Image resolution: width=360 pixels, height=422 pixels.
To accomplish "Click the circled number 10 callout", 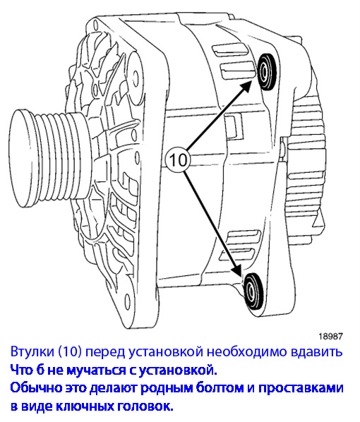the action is click(177, 160).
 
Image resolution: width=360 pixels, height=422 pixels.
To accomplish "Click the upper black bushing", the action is click(266, 71).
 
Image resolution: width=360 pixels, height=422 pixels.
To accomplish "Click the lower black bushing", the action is click(253, 291).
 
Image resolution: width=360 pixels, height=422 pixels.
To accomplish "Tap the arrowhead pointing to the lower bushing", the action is click(238, 270).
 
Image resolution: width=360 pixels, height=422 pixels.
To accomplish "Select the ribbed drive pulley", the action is click(50, 159).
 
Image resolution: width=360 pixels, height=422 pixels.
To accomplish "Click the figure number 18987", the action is click(330, 336).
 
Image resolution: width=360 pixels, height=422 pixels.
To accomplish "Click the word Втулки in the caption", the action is click(32, 351).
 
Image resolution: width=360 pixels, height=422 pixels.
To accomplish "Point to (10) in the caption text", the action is click(70, 351).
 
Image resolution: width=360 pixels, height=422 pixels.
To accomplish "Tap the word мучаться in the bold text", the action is click(97, 370).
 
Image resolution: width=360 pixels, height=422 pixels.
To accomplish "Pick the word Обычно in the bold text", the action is click(35, 388).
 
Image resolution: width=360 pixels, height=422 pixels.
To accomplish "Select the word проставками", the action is click(301, 389).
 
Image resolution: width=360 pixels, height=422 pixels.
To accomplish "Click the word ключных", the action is click(85, 406).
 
